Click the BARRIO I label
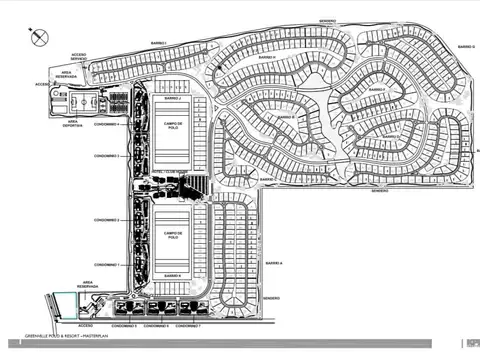point(157,42)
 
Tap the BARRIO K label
point(172,273)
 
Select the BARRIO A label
point(274,262)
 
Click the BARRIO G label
point(465,47)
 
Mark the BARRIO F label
point(376,90)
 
